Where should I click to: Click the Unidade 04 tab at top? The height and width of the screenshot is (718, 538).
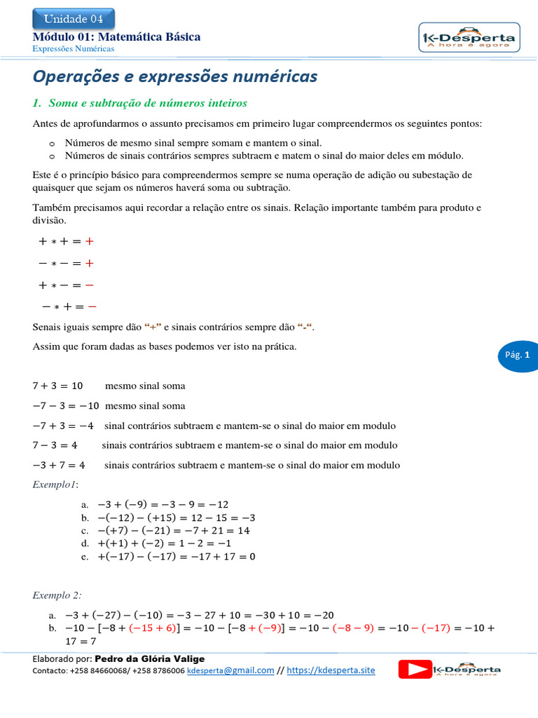(74, 19)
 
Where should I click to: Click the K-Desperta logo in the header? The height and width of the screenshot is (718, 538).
(467, 38)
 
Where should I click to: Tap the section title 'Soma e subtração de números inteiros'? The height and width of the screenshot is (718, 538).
(147, 103)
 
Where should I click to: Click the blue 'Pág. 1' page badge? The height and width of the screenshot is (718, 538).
(518, 355)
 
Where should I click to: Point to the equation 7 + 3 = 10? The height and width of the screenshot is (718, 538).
(57, 386)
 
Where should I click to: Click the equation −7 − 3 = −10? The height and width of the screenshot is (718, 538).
(65, 406)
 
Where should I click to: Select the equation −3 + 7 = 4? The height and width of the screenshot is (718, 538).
(59, 465)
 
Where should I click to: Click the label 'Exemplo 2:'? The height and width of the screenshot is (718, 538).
(57, 595)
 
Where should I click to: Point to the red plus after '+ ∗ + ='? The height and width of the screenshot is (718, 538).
(89, 242)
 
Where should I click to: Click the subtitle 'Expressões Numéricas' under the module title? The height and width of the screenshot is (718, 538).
(74, 49)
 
